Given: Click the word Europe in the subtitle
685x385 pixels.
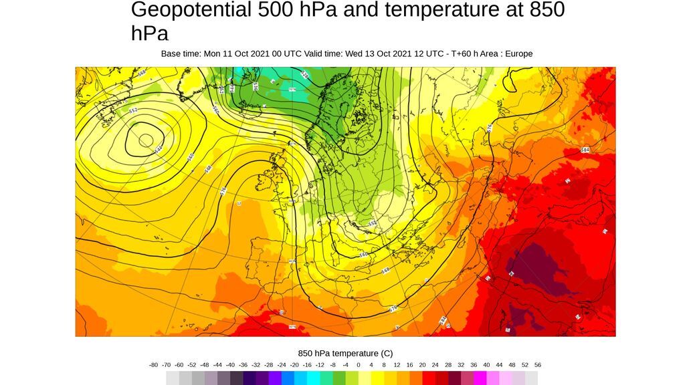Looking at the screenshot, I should point(518,53).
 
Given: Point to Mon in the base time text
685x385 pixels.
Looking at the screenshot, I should point(212,53).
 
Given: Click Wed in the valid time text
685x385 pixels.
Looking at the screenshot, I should point(355,53).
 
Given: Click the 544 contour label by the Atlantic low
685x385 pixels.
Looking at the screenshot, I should point(159,149).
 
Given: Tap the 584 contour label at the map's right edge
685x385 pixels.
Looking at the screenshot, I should point(585,150).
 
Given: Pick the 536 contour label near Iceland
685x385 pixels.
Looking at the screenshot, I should point(256,86).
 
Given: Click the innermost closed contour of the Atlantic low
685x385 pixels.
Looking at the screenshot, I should point(145,140).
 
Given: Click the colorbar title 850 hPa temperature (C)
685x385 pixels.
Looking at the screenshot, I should point(345,353).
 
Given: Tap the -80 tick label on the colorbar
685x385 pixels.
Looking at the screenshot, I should point(154,365).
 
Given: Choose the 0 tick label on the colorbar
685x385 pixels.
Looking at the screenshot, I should point(358,365).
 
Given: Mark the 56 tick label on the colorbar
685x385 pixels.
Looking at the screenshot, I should point(538,365).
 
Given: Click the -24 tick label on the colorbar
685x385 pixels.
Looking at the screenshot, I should point(281,365).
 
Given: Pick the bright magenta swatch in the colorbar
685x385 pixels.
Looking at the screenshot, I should point(480,378).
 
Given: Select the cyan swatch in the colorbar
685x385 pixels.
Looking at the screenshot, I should point(313,378).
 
